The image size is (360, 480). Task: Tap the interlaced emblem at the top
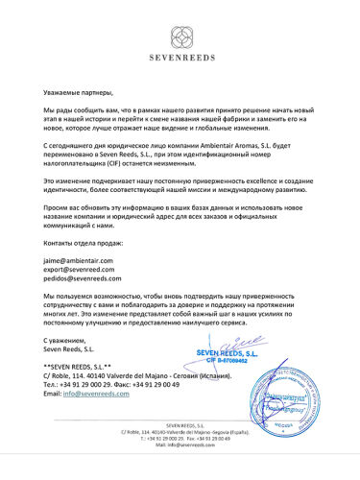tap(180, 36)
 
